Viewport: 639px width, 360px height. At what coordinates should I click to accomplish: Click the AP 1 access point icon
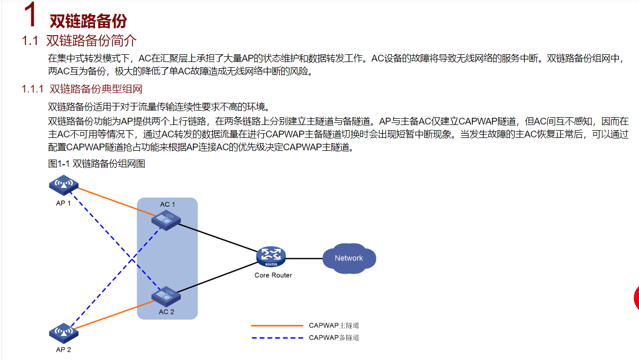pyautogui.click(x=63, y=185)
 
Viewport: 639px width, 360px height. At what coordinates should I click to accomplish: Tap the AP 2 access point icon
pyautogui.click(x=63, y=333)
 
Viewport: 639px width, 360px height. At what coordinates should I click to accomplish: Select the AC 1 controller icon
pyautogui.click(x=166, y=220)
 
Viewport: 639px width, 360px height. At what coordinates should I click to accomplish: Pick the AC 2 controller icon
pyautogui.click(x=166, y=296)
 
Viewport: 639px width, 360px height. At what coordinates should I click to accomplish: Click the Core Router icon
pyautogui.click(x=271, y=256)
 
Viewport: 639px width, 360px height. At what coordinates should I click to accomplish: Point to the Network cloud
pyautogui.click(x=349, y=258)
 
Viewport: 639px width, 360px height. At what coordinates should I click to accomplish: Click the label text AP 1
pyautogui.click(x=63, y=204)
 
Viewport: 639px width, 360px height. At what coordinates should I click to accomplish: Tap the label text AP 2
pyautogui.click(x=63, y=350)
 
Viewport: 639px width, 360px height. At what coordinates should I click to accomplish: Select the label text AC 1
pyautogui.click(x=167, y=205)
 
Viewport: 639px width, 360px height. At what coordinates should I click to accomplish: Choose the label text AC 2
pyautogui.click(x=166, y=312)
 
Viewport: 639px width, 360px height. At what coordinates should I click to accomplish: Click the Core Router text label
pyautogui.click(x=273, y=275)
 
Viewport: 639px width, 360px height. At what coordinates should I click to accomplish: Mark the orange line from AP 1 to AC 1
pyautogui.click(x=117, y=201)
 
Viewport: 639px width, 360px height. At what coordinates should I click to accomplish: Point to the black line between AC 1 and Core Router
pyautogui.click(x=218, y=238)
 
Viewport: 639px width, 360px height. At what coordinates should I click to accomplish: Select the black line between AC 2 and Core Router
pyautogui.click(x=217, y=277)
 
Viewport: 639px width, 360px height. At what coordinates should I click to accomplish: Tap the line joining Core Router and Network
pyautogui.click(x=304, y=259)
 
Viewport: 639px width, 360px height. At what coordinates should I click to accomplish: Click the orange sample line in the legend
pyautogui.click(x=277, y=325)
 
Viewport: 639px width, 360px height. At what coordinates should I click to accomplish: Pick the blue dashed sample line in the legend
pyautogui.click(x=277, y=338)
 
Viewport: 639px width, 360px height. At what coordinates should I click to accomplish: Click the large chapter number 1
pyautogui.click(x=30, y=14)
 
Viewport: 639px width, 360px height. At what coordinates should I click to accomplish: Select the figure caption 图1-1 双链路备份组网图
pyautogui.click(x=97, y=164)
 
